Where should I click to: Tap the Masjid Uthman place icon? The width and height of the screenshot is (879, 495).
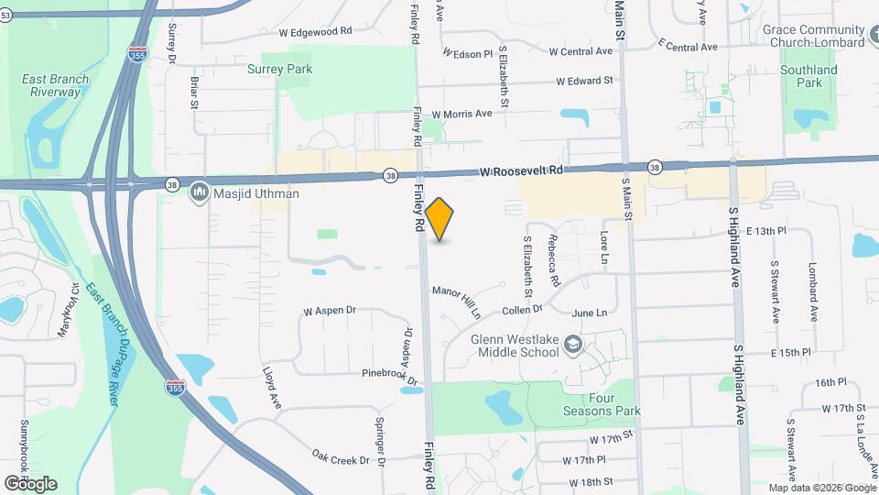coord(199,193)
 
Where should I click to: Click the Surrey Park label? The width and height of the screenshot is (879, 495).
coord(279,69)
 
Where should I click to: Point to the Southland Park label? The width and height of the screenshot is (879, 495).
coord(808,76)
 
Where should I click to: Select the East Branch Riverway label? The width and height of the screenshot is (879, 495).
coord(56,85)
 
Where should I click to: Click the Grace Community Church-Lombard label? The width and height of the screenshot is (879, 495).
coord(813,36)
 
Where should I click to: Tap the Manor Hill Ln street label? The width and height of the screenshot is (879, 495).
coord(457,302)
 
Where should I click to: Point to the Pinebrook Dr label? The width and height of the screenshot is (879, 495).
coord(389,375)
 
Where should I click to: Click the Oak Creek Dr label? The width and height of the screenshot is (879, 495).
coord(340,456)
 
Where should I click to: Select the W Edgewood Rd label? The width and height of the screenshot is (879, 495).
coord(315,31)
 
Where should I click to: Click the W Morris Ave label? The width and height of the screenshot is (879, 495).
coord(461,114)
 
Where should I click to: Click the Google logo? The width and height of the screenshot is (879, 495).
coord(29,483)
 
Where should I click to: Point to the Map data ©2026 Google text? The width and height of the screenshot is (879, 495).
coord(820,488)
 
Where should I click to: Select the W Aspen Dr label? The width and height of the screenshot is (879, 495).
coord(328,310)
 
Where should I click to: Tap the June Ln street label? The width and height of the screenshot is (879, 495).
coord(589,313)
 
